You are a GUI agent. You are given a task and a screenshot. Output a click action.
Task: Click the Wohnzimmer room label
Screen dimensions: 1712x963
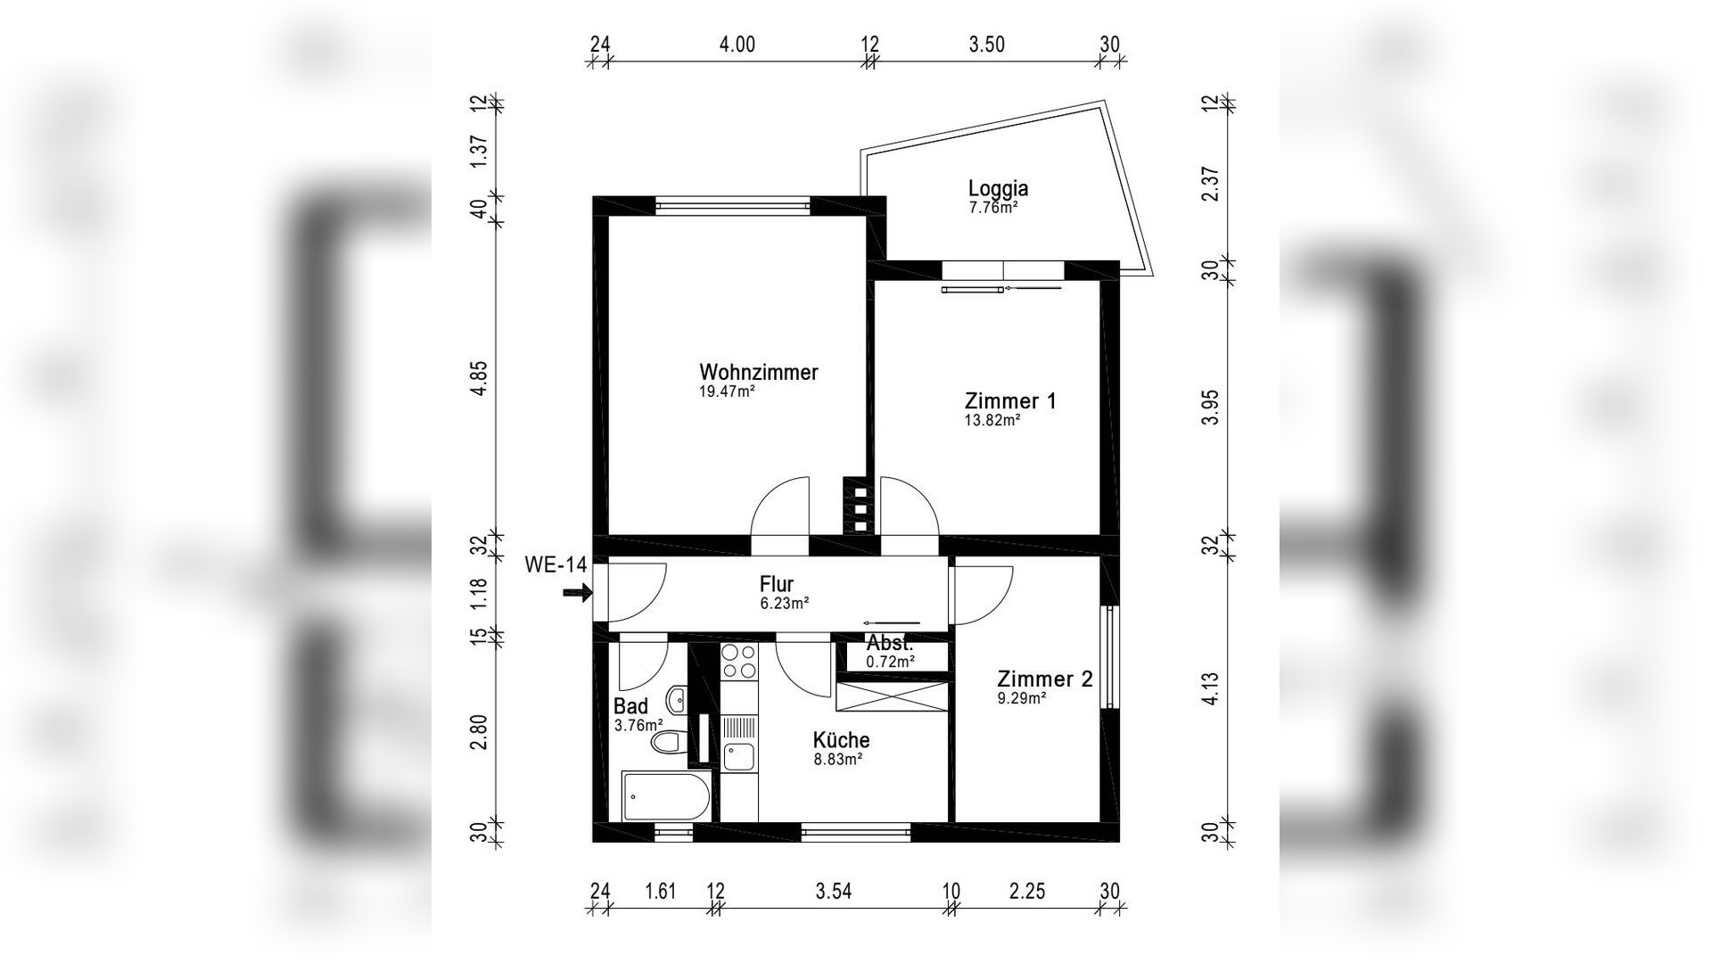758,373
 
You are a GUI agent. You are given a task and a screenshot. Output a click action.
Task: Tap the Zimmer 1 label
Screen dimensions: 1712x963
1010,401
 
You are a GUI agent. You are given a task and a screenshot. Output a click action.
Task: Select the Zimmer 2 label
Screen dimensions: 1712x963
1045,679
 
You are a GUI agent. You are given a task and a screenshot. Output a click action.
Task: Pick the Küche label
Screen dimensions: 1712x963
841,740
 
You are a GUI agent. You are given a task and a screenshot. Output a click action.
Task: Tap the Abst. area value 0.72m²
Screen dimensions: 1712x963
891,662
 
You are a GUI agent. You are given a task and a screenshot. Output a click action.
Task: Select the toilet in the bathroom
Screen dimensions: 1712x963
668,742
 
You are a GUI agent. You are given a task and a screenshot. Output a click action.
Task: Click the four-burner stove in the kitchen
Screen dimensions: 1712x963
738,662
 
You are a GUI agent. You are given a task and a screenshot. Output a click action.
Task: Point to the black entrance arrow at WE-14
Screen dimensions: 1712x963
578,592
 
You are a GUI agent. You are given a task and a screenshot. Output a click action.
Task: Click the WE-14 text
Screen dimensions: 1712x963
556,564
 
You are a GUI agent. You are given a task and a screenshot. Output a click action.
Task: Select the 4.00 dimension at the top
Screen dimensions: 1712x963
737,45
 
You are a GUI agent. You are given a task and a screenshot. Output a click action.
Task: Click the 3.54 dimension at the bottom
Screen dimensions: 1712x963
834,891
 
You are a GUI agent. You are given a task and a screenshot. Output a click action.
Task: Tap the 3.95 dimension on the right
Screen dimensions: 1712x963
1210,407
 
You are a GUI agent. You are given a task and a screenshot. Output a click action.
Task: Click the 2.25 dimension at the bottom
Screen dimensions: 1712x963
1027,891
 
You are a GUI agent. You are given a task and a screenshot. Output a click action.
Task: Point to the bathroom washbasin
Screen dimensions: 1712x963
678,700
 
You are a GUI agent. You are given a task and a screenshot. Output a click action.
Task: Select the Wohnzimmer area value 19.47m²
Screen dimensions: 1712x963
728,391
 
